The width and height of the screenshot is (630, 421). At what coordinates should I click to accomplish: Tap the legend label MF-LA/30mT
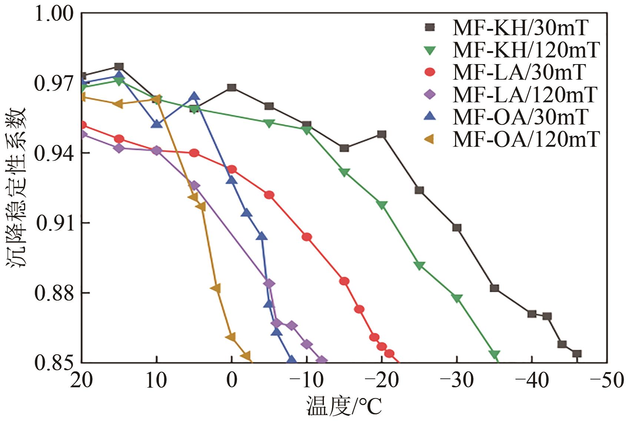pyautogui.click(x=519, y=72)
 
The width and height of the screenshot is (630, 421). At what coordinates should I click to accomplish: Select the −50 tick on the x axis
pyautogui.click(x=607, y=380)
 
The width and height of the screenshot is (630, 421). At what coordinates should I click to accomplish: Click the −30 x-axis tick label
pyautogui.click(x=457, y=380)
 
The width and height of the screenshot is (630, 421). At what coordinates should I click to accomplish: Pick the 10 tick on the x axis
pyautogui.click(x=156, y=380)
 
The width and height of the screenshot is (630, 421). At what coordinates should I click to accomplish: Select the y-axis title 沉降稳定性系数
pyautogui.click(x=16, y=187)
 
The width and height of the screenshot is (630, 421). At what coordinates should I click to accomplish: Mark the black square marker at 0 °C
pyautogui.click(x=232, y=87)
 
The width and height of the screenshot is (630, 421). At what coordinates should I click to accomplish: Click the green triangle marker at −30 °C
pyautogui.click(x=457, y=298)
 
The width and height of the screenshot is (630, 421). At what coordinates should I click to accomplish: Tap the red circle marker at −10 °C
pyautogui.click(x=307, y=237)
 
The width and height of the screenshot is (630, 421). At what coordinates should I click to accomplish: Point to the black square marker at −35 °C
pyautogui.click(x=494, y=288)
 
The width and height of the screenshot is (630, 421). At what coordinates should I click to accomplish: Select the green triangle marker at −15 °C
pyautogui.click(x=344, y=172)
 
